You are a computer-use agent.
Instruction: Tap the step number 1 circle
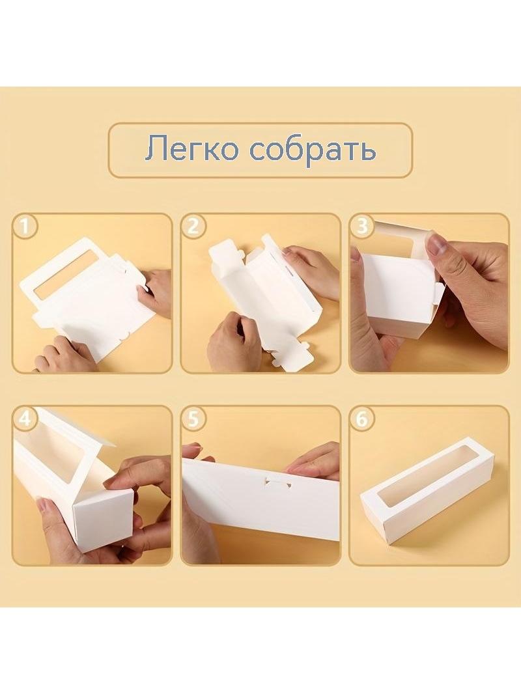25,227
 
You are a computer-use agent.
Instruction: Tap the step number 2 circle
193,227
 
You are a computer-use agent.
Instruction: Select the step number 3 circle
362,227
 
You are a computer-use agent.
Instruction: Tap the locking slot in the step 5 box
277,483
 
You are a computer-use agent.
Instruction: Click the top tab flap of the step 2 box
226,256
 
